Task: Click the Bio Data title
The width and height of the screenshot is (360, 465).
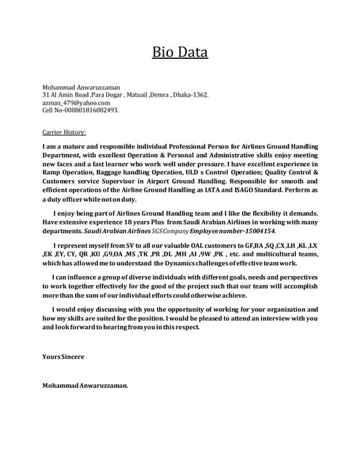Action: (x=180, y=52)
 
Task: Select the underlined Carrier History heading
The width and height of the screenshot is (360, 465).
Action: (x=64, y=133)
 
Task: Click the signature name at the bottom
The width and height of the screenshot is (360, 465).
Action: (x=85, y=386)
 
